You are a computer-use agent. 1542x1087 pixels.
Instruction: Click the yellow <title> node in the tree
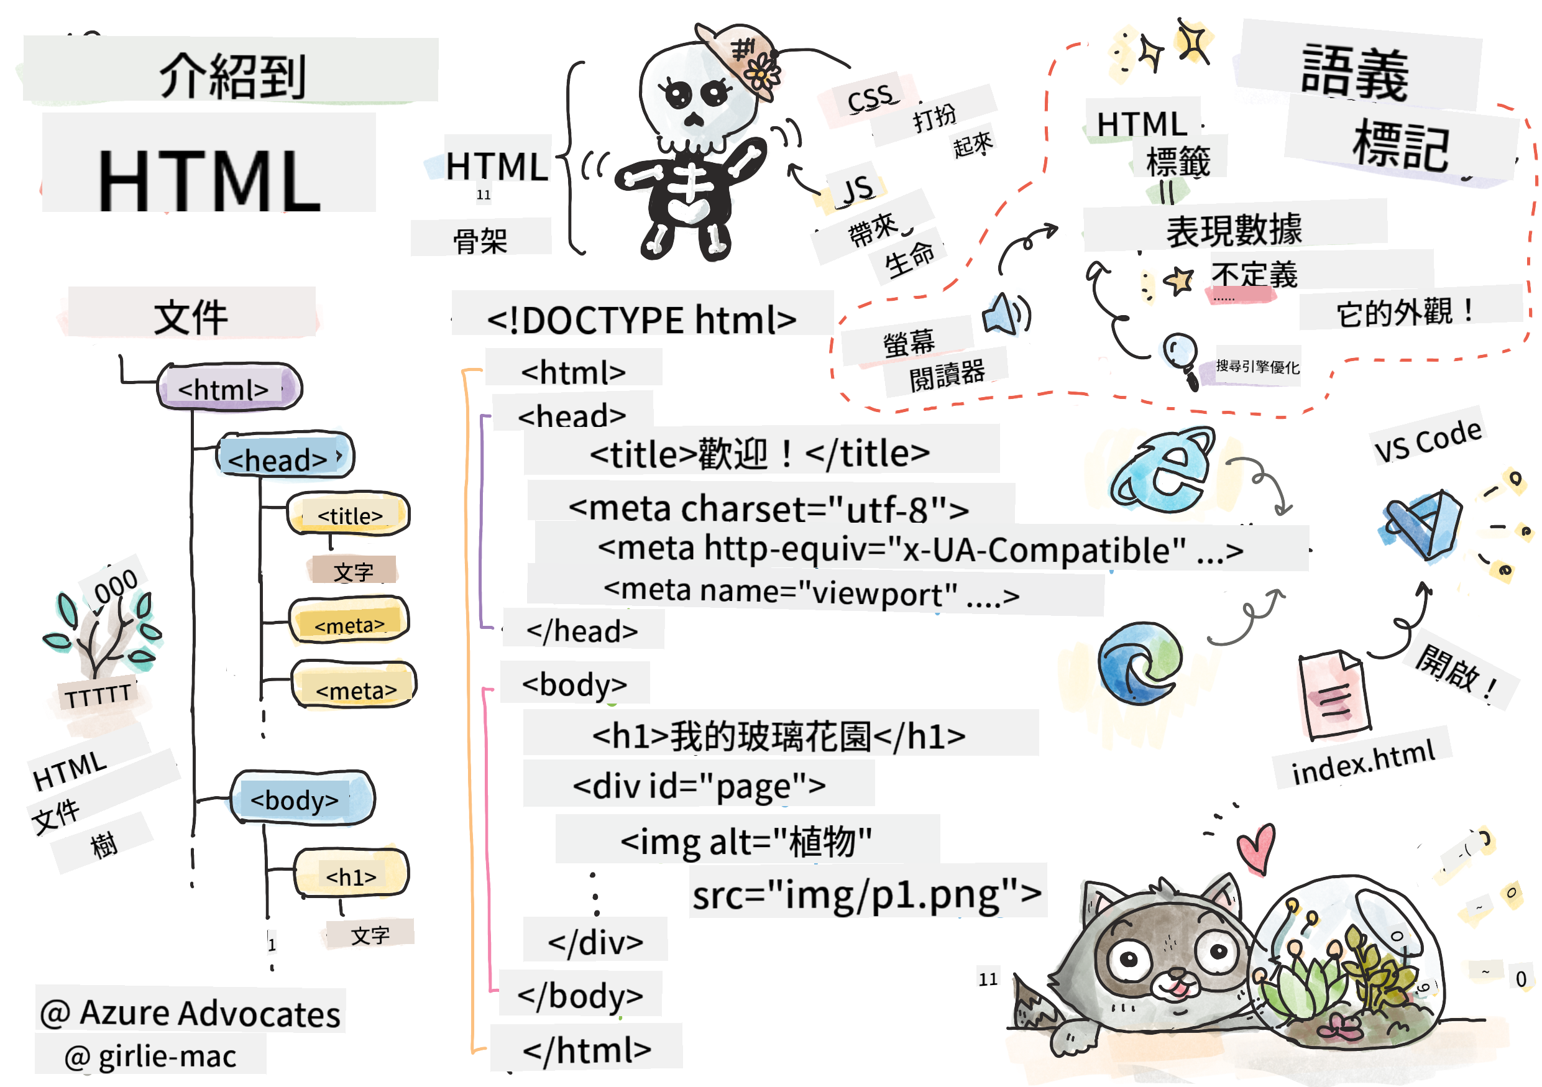coord(349,515)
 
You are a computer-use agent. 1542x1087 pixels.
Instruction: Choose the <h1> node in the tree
coord(351,874)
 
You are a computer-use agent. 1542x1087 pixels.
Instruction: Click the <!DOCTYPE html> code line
coord(641,319)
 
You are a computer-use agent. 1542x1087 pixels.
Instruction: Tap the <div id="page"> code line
coord(699,784)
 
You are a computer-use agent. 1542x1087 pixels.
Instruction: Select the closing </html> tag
coord(586,1048)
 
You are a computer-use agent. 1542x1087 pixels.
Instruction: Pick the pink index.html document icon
coord(1334,695)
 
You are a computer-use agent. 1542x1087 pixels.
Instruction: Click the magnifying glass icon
coord(1181,356)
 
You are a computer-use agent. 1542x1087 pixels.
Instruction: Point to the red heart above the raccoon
coord(1256,848)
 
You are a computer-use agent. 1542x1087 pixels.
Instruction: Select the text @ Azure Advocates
coord(190,1012)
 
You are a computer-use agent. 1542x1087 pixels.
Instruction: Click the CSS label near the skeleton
coord(870,99)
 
